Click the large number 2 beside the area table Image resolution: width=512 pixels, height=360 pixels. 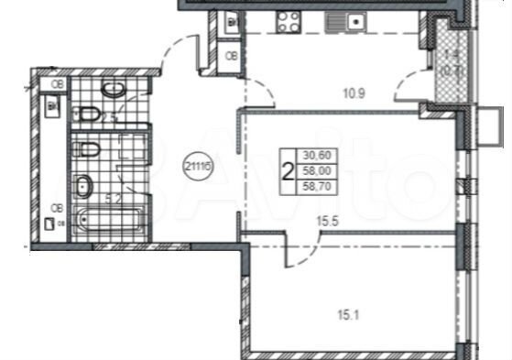pyautogui.click(x=289, y=170)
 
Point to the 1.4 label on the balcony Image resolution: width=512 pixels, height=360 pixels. pyautogui.click(x=451, y=55)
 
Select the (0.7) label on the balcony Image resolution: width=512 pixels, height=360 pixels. pyautogui.click(x=451, y=68)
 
